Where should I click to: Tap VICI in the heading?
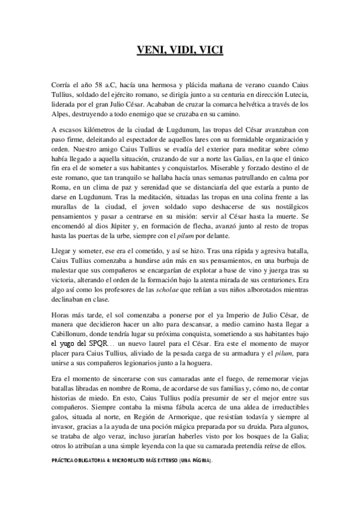pyautogui.click(x=210, y=51)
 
